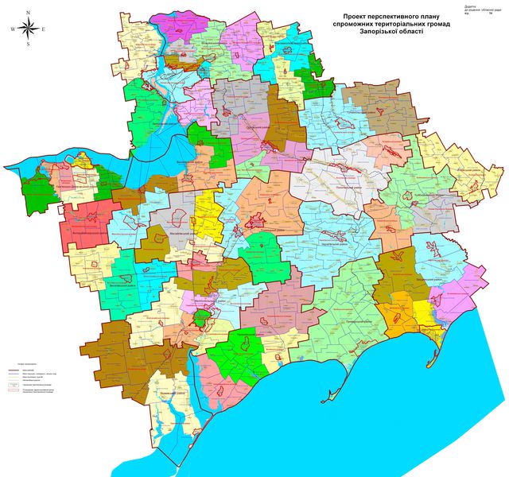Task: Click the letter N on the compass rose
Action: [x=28, y=13]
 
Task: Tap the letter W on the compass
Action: [x=13, y=29]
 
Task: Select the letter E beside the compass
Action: [x=43, y=29]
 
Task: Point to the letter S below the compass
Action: [x=28, y=45]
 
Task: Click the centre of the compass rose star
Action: [x=28, y=29]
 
